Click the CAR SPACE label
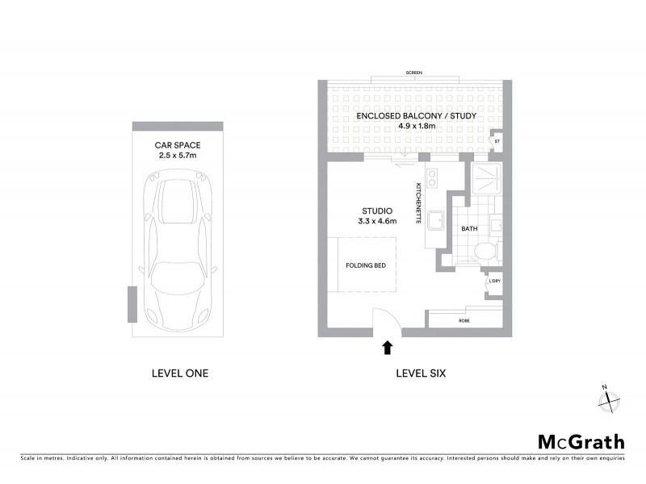(178, 145)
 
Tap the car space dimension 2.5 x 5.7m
(178, 156)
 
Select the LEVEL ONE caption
(180, 373)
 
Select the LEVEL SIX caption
(420, 373)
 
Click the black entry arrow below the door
(387, 347)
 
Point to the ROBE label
(464, 321)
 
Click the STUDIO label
(375, 211)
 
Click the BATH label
(469, 229)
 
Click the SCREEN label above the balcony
(415, 73)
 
